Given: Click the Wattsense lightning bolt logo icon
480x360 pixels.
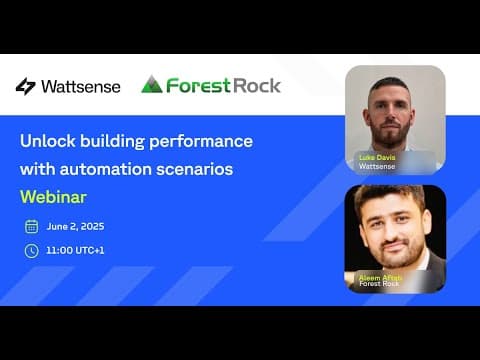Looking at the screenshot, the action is click(25, 86).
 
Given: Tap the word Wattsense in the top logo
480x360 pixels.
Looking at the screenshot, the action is click(81, 87).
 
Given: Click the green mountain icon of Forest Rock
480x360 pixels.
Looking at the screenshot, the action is click(152, 84).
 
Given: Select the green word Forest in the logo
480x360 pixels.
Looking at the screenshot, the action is click(198, 85).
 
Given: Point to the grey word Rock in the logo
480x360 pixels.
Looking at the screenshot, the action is click(257, 85).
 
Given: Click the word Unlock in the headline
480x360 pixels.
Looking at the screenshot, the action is click(48, 141).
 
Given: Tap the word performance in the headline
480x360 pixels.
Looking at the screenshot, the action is click(201, 142).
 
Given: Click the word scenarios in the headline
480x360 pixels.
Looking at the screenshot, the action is click(195, 169).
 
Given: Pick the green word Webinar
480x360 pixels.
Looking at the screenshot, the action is click(53, 197).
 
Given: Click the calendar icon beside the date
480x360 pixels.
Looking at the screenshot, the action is click(32, 226).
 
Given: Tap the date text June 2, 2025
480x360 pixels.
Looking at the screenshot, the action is click(75, 226).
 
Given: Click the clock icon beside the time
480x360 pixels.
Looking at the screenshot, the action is click(32, 251).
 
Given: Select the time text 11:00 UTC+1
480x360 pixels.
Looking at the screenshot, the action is click(75, 250).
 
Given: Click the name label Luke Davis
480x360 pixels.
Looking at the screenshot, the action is click(377, 157).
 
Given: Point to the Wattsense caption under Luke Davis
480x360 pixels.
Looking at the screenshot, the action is click(377, 166).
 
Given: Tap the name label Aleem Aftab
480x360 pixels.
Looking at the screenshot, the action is click(380, 278).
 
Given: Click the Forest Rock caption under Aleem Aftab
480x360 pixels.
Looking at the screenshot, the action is click(379, 283).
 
